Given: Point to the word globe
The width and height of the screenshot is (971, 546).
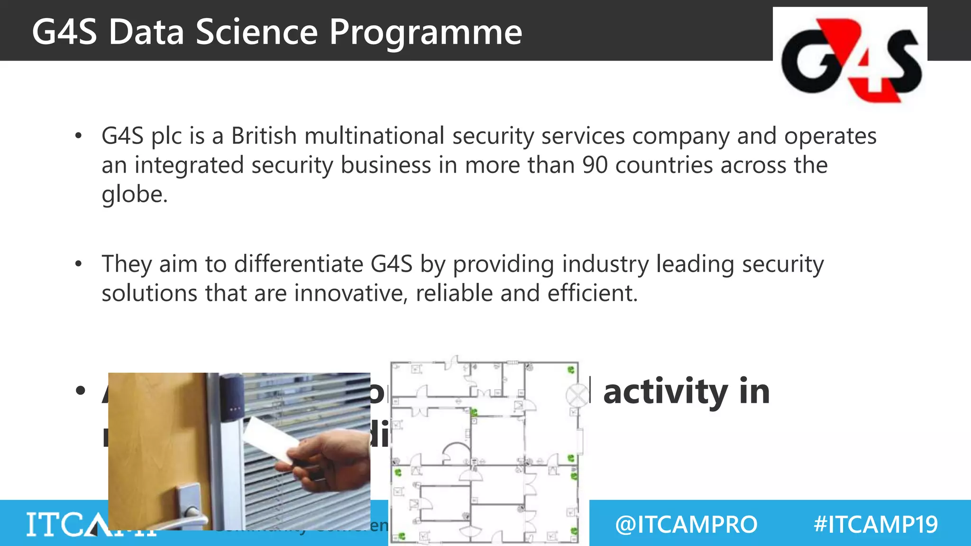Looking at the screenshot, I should pos(134,194).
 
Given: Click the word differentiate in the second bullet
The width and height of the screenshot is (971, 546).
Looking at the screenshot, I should pos(299,264).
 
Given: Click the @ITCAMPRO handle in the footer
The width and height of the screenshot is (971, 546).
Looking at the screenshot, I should pos(686,525).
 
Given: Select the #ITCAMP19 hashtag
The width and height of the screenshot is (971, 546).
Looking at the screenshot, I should pos(875,525).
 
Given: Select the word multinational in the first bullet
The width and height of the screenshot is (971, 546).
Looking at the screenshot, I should pos(374,136).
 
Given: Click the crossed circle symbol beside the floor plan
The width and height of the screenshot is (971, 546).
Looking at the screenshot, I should pos(577,395).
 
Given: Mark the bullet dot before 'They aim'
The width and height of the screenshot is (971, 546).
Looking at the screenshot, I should pos(79,264).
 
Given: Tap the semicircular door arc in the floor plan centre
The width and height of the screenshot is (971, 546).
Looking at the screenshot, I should pos(454,453).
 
